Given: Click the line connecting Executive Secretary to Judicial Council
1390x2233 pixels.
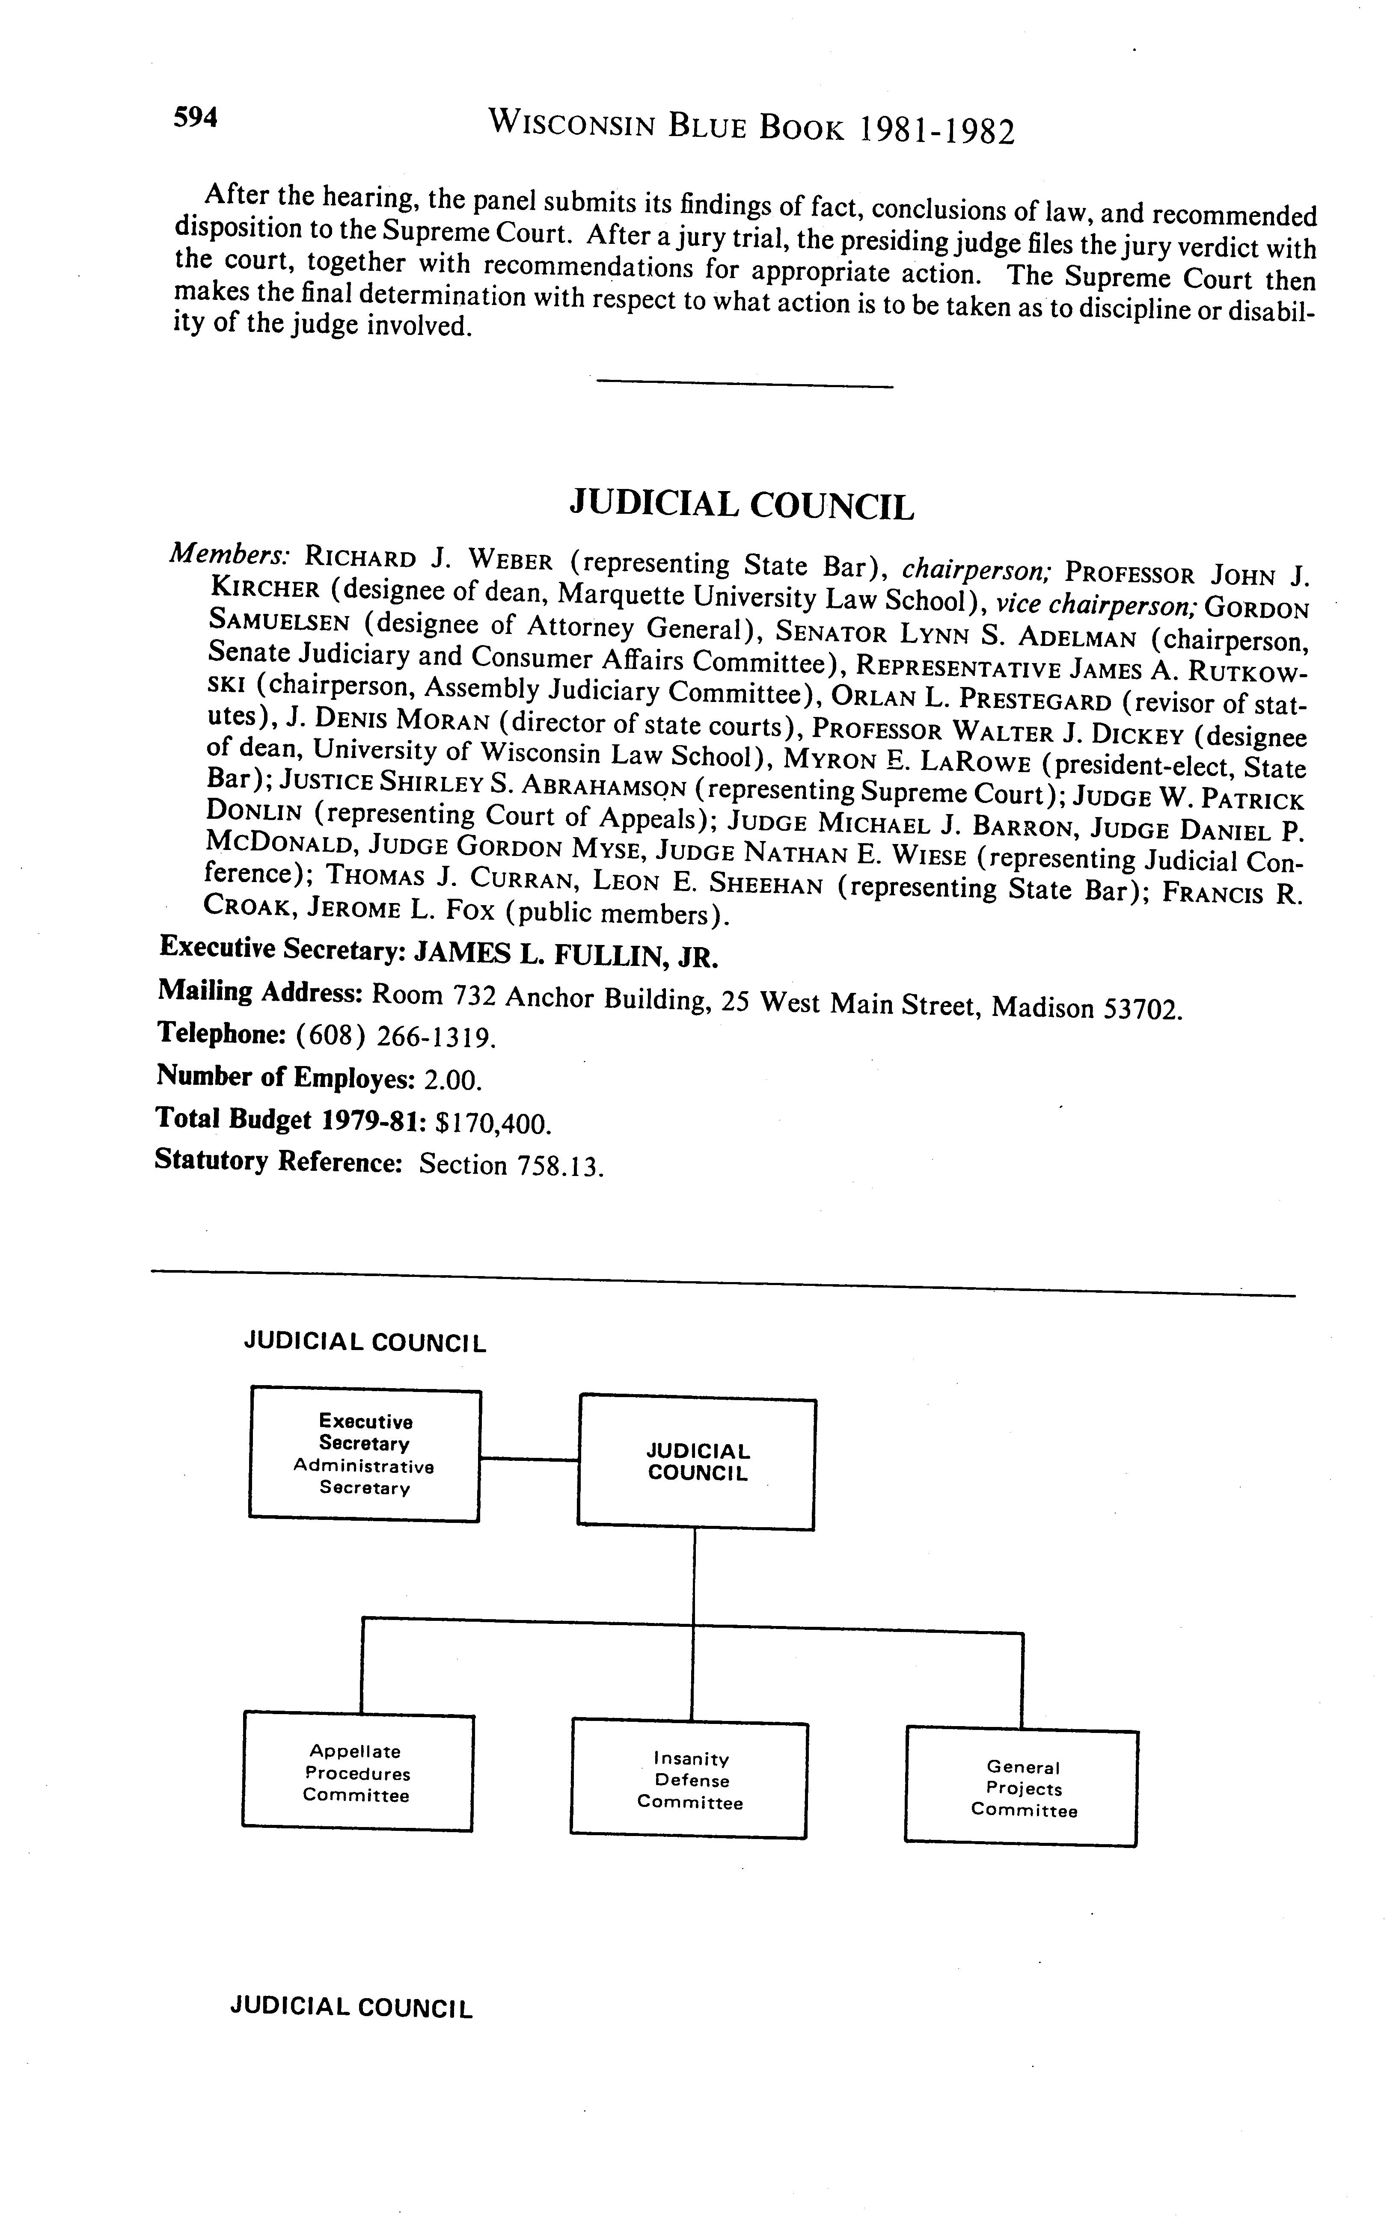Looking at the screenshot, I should pyautogui.click(x=529, y=1458).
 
